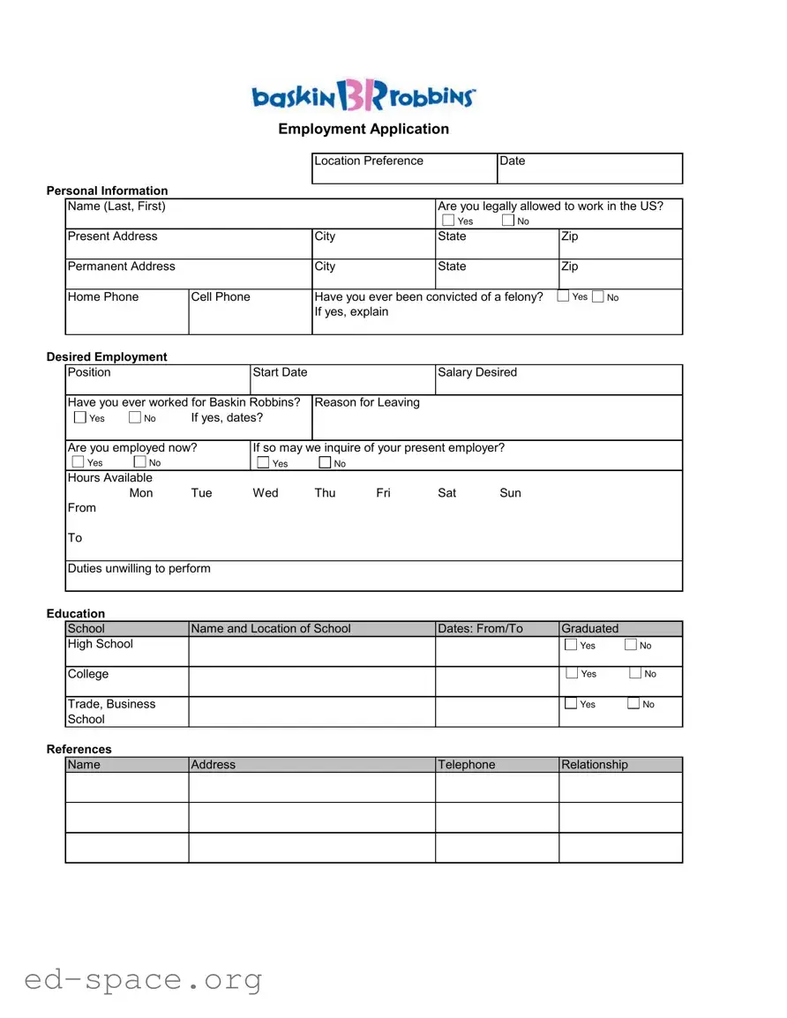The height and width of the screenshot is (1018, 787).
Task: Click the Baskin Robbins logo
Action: pos(364,94)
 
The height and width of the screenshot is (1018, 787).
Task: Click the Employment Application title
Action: pos(364,129)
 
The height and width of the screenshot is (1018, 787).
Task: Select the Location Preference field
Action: pos(404,168)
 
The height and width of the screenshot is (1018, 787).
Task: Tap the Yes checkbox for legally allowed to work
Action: pos(448,221)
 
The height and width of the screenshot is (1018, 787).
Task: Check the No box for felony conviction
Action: pos(598,297)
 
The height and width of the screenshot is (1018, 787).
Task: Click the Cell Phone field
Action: pos(250,312)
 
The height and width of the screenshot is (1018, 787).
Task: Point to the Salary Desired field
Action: pos(558,380)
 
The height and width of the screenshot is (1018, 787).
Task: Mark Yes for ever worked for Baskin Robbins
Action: pos(80,418)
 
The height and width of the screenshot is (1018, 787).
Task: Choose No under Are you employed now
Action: pos(139,462)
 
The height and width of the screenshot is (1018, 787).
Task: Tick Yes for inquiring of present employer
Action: pos(263,463)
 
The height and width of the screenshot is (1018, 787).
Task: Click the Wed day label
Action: pos(266,493)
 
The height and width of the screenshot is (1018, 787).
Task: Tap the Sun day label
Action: pos(510,493)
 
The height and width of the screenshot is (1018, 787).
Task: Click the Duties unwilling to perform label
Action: pos(139,569)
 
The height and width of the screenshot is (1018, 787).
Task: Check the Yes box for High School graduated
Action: pos(571,646)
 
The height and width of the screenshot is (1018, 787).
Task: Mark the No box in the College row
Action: pos(636,674)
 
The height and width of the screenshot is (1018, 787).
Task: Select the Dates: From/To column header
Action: pos(480,629)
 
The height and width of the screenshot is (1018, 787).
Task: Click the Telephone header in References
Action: pos(467,765)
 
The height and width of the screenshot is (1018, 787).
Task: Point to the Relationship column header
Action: pos(595,765)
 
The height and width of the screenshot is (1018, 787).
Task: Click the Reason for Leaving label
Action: pos(367,403)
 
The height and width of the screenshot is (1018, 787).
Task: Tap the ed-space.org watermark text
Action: pos(143,980)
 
